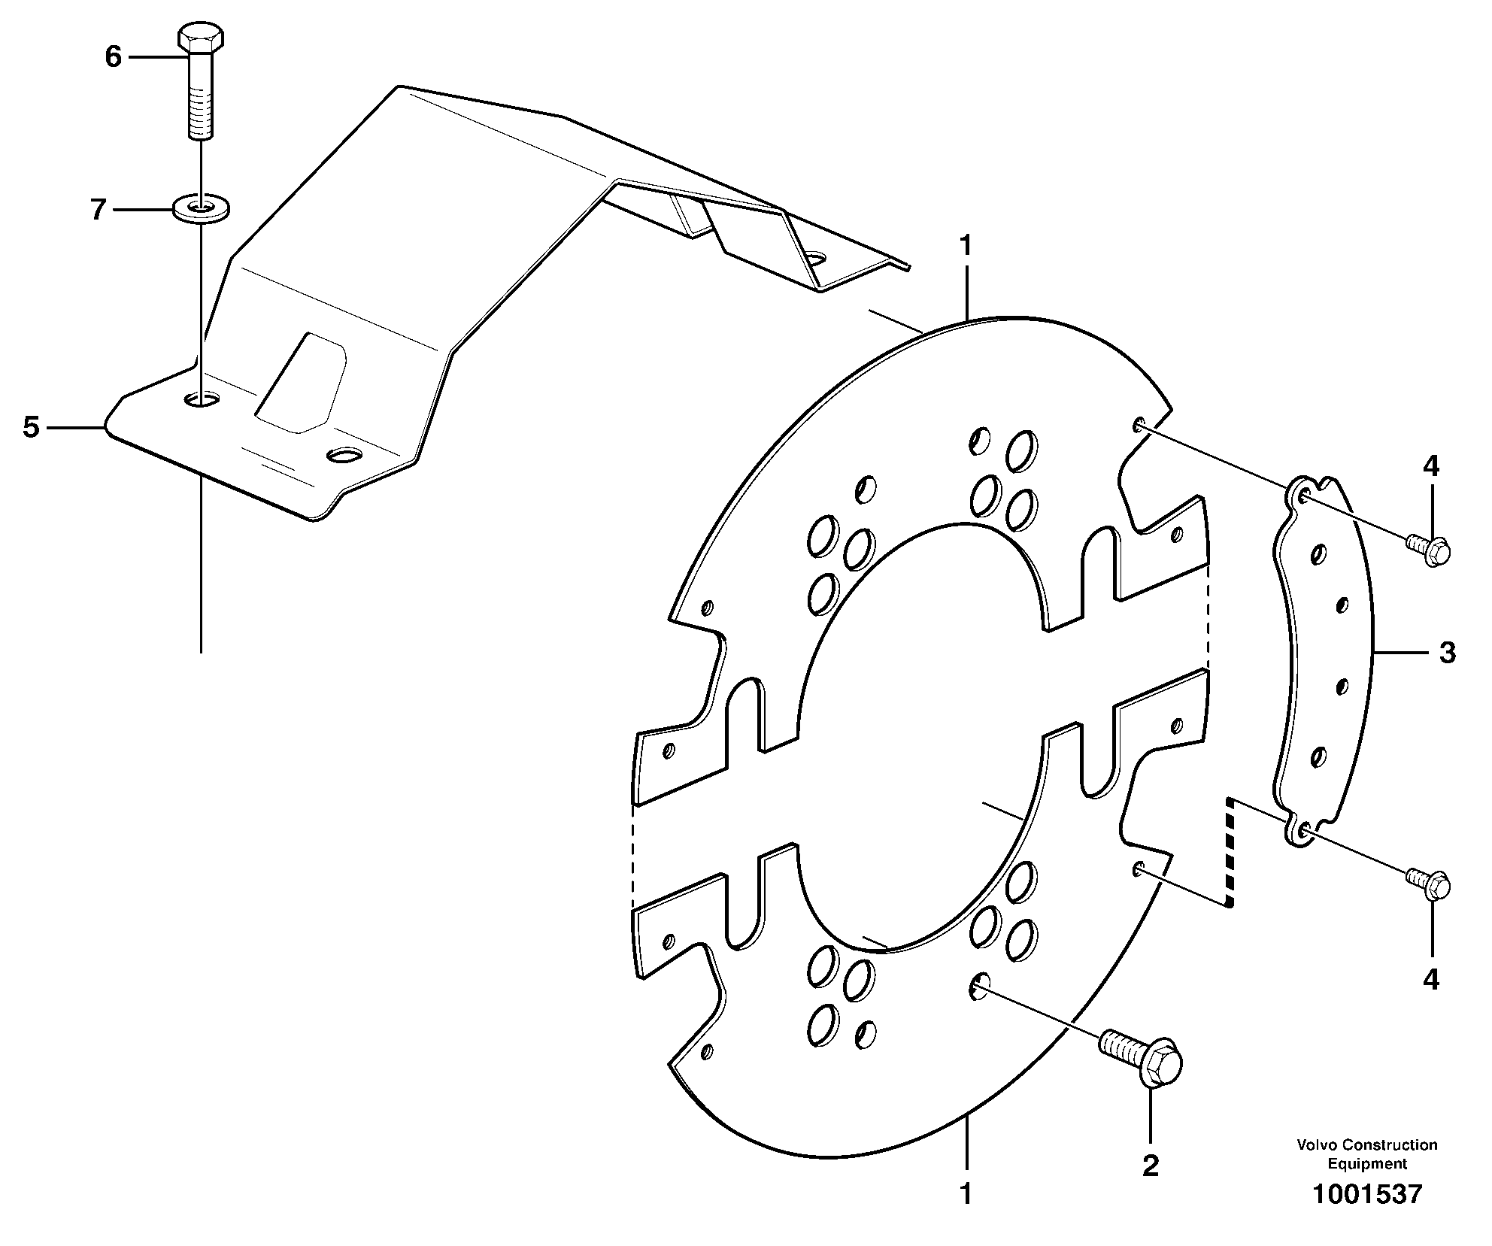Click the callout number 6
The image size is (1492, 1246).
[113, 56]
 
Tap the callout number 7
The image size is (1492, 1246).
[98, 210]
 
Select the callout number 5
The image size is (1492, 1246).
[31, 427]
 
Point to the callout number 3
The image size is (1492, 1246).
[1447, 653]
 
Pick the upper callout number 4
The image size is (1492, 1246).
[1431, 466]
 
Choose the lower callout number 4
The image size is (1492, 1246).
[1431, 979]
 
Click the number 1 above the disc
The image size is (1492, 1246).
[966, 246]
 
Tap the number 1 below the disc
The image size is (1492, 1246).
[966, 1193]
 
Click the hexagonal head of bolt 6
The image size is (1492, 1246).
[200, 37]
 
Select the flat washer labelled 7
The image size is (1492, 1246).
[201, 208]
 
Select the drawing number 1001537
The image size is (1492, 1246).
[1367, 1215]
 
